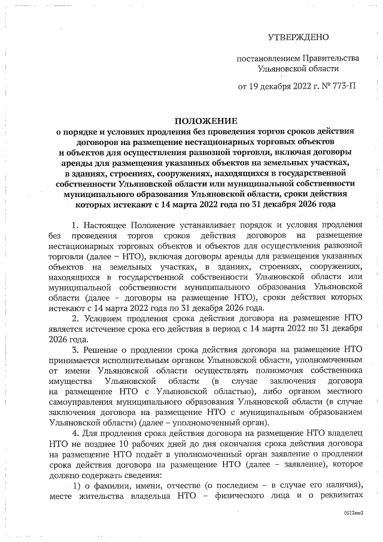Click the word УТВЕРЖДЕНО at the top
tap(299, 37)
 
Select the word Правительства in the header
tap(329, 58)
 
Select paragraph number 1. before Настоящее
tap(75, 226)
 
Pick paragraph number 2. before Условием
tap(75, 318)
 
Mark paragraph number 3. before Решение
tap(75, 349)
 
